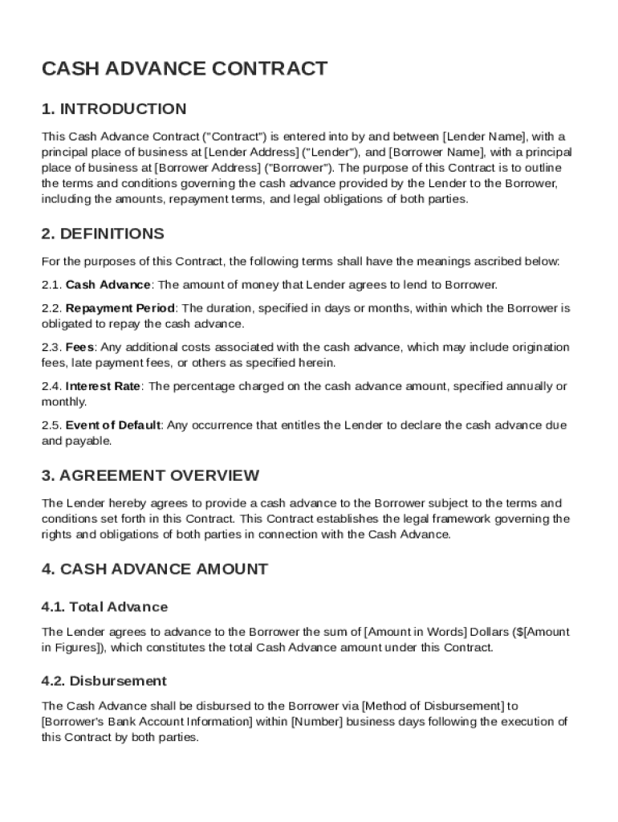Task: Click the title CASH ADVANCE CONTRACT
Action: (185, 69)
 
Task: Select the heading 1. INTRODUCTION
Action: (114, 109)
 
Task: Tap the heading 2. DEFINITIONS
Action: (103, 234)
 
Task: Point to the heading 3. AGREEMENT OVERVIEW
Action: (150, 475)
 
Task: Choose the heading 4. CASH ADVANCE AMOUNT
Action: (154, 569)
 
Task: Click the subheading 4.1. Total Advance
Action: (104, 607)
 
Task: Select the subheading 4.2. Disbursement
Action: (104, 682)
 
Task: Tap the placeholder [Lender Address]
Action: (252, 152)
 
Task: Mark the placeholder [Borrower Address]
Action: (208, 168)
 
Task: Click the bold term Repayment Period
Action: (120, 308)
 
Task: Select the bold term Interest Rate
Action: (104, 386)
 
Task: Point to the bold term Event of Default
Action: (113, 425)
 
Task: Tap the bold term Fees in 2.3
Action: (80, 347)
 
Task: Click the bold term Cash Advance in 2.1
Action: (108, 285)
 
